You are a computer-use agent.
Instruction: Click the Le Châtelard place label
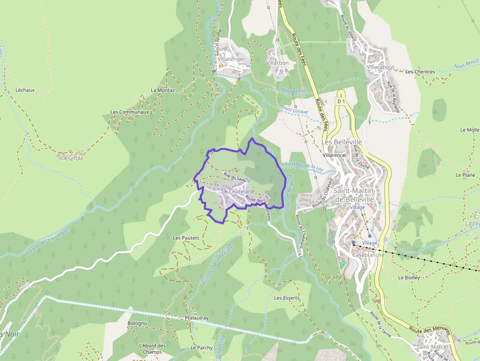(x=238, y=192)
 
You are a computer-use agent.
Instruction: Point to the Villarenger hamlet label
(x=231, y=59)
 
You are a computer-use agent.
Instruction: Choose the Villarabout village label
(x=381, y=67)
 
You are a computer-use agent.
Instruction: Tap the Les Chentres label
(x=420, y=72)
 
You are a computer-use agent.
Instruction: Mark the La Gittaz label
(x=72, y=158)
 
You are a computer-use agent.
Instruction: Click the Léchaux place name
(x=25, y=90)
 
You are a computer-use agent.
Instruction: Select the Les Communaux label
(x=129, y=112)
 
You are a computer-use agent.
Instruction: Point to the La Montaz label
(x=163, y=90)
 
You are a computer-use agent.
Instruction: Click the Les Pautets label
(x=186, y=238)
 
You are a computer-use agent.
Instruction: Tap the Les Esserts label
(x=287, y=298)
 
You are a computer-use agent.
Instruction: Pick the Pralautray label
(x=197, y=318)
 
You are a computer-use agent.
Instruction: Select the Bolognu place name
(x=137, y=324)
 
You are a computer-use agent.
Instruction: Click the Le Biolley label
(x=409, y=277)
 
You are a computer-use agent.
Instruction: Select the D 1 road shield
(x=341, y=101)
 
